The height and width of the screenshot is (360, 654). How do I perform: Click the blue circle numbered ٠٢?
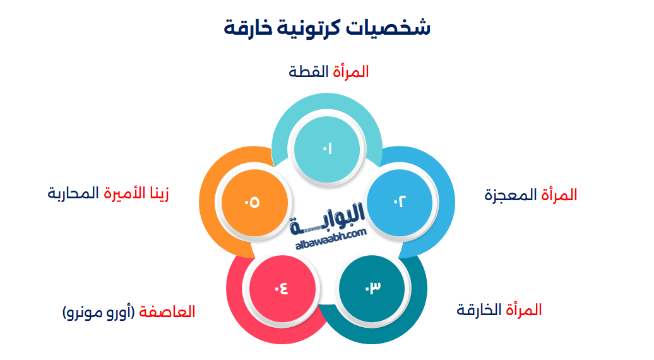(400, 201)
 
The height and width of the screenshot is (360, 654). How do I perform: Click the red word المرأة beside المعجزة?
(559, 195)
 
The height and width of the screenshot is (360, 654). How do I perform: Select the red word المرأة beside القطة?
(351, 72)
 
